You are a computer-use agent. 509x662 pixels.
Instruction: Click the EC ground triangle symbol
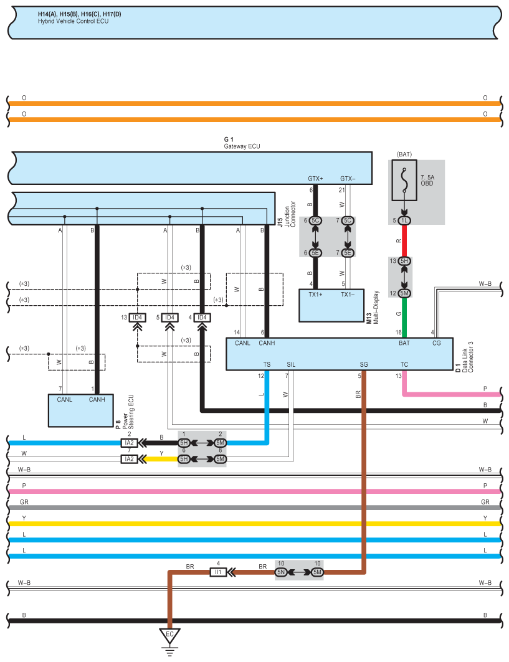tap(170, 636)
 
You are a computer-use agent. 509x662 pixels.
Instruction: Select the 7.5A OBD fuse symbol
tap(404, 180)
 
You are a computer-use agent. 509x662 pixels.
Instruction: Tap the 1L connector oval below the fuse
tap(404, 220)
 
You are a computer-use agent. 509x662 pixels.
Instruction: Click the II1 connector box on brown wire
tap(218, 572)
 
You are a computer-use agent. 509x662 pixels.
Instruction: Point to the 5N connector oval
tap(281, 572)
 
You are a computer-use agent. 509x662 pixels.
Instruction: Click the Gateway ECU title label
tap(242, 146)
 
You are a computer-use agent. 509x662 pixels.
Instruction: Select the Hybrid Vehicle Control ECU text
tap(73, 21)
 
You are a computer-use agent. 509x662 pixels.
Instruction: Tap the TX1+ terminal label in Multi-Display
tap(315, 295)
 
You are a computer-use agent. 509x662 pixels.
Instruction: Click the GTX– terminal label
tap(348, 179)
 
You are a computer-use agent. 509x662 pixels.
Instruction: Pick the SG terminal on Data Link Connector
tap(364, 364)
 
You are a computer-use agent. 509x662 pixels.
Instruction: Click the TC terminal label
tap(404, 364)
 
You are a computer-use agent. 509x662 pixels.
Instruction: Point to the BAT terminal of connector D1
tap(404, 343)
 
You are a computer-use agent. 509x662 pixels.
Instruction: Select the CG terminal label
tap(436, 343)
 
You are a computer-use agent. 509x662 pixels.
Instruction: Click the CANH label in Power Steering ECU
tap(97, 399)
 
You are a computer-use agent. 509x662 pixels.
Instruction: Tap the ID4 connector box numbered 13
tap(137, 318)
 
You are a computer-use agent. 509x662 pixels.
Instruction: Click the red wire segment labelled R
tap(404, 240)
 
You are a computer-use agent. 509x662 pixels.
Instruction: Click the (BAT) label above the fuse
tap(404, 154)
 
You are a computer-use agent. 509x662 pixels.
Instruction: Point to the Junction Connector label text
tap(290, 214)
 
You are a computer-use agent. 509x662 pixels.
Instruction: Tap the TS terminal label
tap(267, 364)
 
